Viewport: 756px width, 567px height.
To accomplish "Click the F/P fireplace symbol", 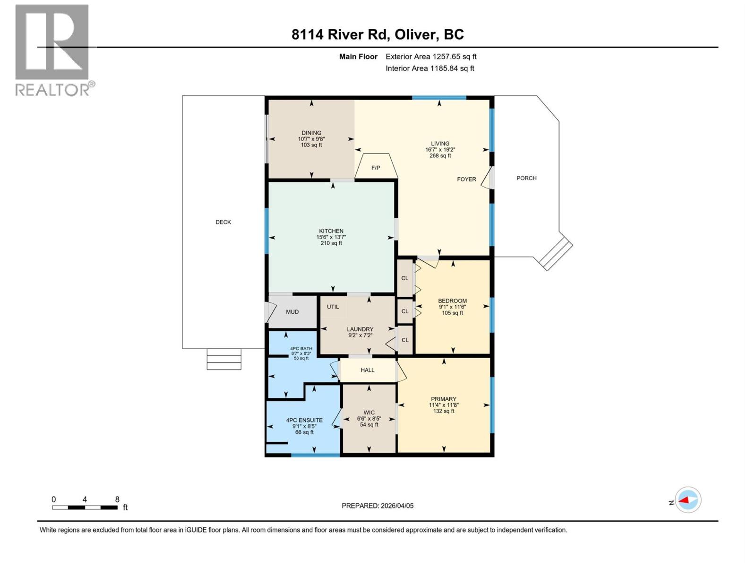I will (376, 167).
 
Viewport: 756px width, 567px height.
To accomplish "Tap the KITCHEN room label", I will (331, 231).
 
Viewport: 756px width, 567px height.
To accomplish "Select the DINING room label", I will (311, 133).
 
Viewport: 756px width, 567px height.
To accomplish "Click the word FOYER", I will (466, 179).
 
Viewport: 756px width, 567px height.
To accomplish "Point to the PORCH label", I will (526, 178).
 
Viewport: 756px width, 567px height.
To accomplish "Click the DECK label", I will (223, 222).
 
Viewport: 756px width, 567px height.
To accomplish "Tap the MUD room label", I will (292, 312).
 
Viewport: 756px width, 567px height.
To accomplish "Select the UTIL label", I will (333, 307).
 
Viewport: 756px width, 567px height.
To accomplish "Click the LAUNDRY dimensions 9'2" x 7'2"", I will (360, 335).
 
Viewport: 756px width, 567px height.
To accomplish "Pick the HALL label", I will (367, 370).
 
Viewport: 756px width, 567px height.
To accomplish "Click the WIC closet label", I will (369, 412).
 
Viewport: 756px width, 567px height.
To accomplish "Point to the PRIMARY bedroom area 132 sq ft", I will (444, 411).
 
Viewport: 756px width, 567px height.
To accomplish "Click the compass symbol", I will (687, 500).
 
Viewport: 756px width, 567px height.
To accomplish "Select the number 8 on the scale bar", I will (117, 499).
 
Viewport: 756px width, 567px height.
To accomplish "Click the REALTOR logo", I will (53, 50).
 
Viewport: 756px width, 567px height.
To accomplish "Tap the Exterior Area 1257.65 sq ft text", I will (431, 57).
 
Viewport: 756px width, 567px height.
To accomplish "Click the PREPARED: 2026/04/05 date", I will (378, 506).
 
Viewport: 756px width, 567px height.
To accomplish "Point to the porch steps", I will (556, 254).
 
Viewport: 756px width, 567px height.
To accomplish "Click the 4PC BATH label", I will (301, 349).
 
